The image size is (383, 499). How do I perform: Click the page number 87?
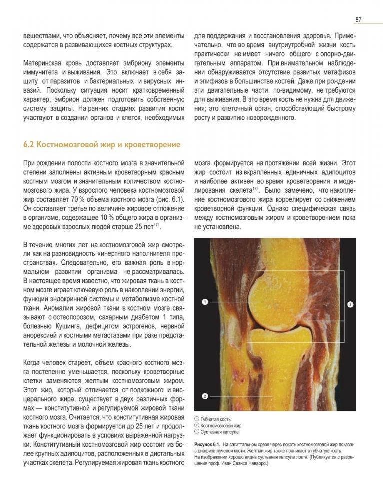coord(358,20)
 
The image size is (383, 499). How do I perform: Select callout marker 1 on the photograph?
coord(205,301)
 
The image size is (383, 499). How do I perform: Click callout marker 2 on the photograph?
coord(205,396)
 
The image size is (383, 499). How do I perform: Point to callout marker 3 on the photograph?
coord(350,304)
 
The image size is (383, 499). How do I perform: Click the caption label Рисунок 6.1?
coord(207,443)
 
